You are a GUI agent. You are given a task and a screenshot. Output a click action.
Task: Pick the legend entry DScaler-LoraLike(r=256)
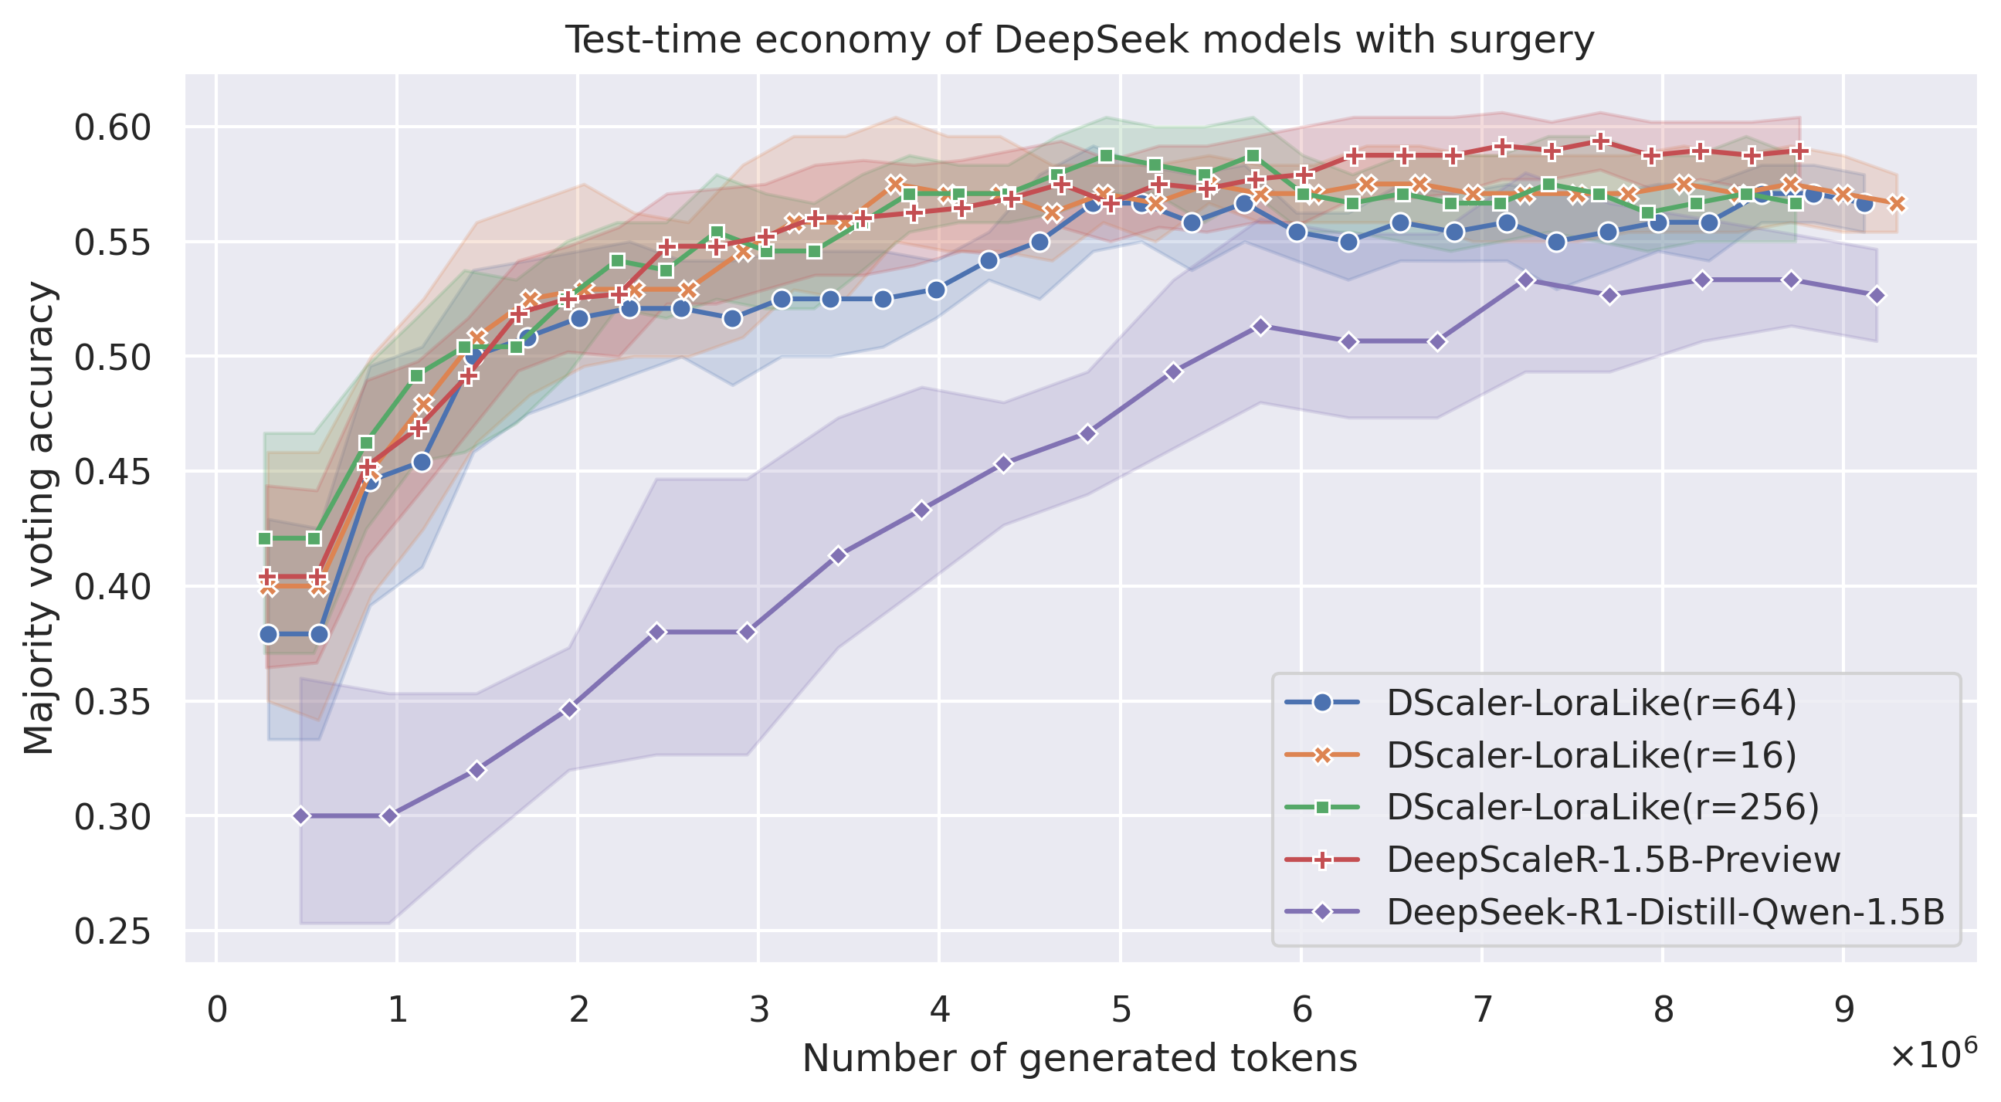coord(1602,807)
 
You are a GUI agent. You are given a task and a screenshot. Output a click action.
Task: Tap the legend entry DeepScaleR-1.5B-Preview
coord(1613,859)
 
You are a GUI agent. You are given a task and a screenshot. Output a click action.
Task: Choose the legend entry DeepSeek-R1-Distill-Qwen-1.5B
coord(1665,912)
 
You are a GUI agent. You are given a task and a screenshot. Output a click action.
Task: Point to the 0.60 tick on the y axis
coord(112,127)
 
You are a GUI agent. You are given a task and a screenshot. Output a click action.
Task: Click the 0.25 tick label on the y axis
coord(112,931)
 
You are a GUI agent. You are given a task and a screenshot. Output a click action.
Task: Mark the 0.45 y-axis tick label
coord(112,472)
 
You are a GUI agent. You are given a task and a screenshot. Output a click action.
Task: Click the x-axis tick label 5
coord(1120,1011)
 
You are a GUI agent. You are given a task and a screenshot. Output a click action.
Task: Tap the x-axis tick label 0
coord(217,1011)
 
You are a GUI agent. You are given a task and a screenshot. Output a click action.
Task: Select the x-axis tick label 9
coord(1843,1011)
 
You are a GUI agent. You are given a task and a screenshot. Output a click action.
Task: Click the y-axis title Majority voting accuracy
coord(39,518)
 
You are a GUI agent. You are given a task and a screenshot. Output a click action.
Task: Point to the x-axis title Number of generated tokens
coord(1080,1059)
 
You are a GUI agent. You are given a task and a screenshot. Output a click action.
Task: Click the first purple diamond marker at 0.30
coord(301,816)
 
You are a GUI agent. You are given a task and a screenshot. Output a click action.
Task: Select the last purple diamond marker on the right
coord(1877,295)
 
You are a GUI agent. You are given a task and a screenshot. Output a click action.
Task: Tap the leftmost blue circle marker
coord(269,635)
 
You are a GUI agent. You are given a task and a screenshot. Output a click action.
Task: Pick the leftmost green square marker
coord(265,538)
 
